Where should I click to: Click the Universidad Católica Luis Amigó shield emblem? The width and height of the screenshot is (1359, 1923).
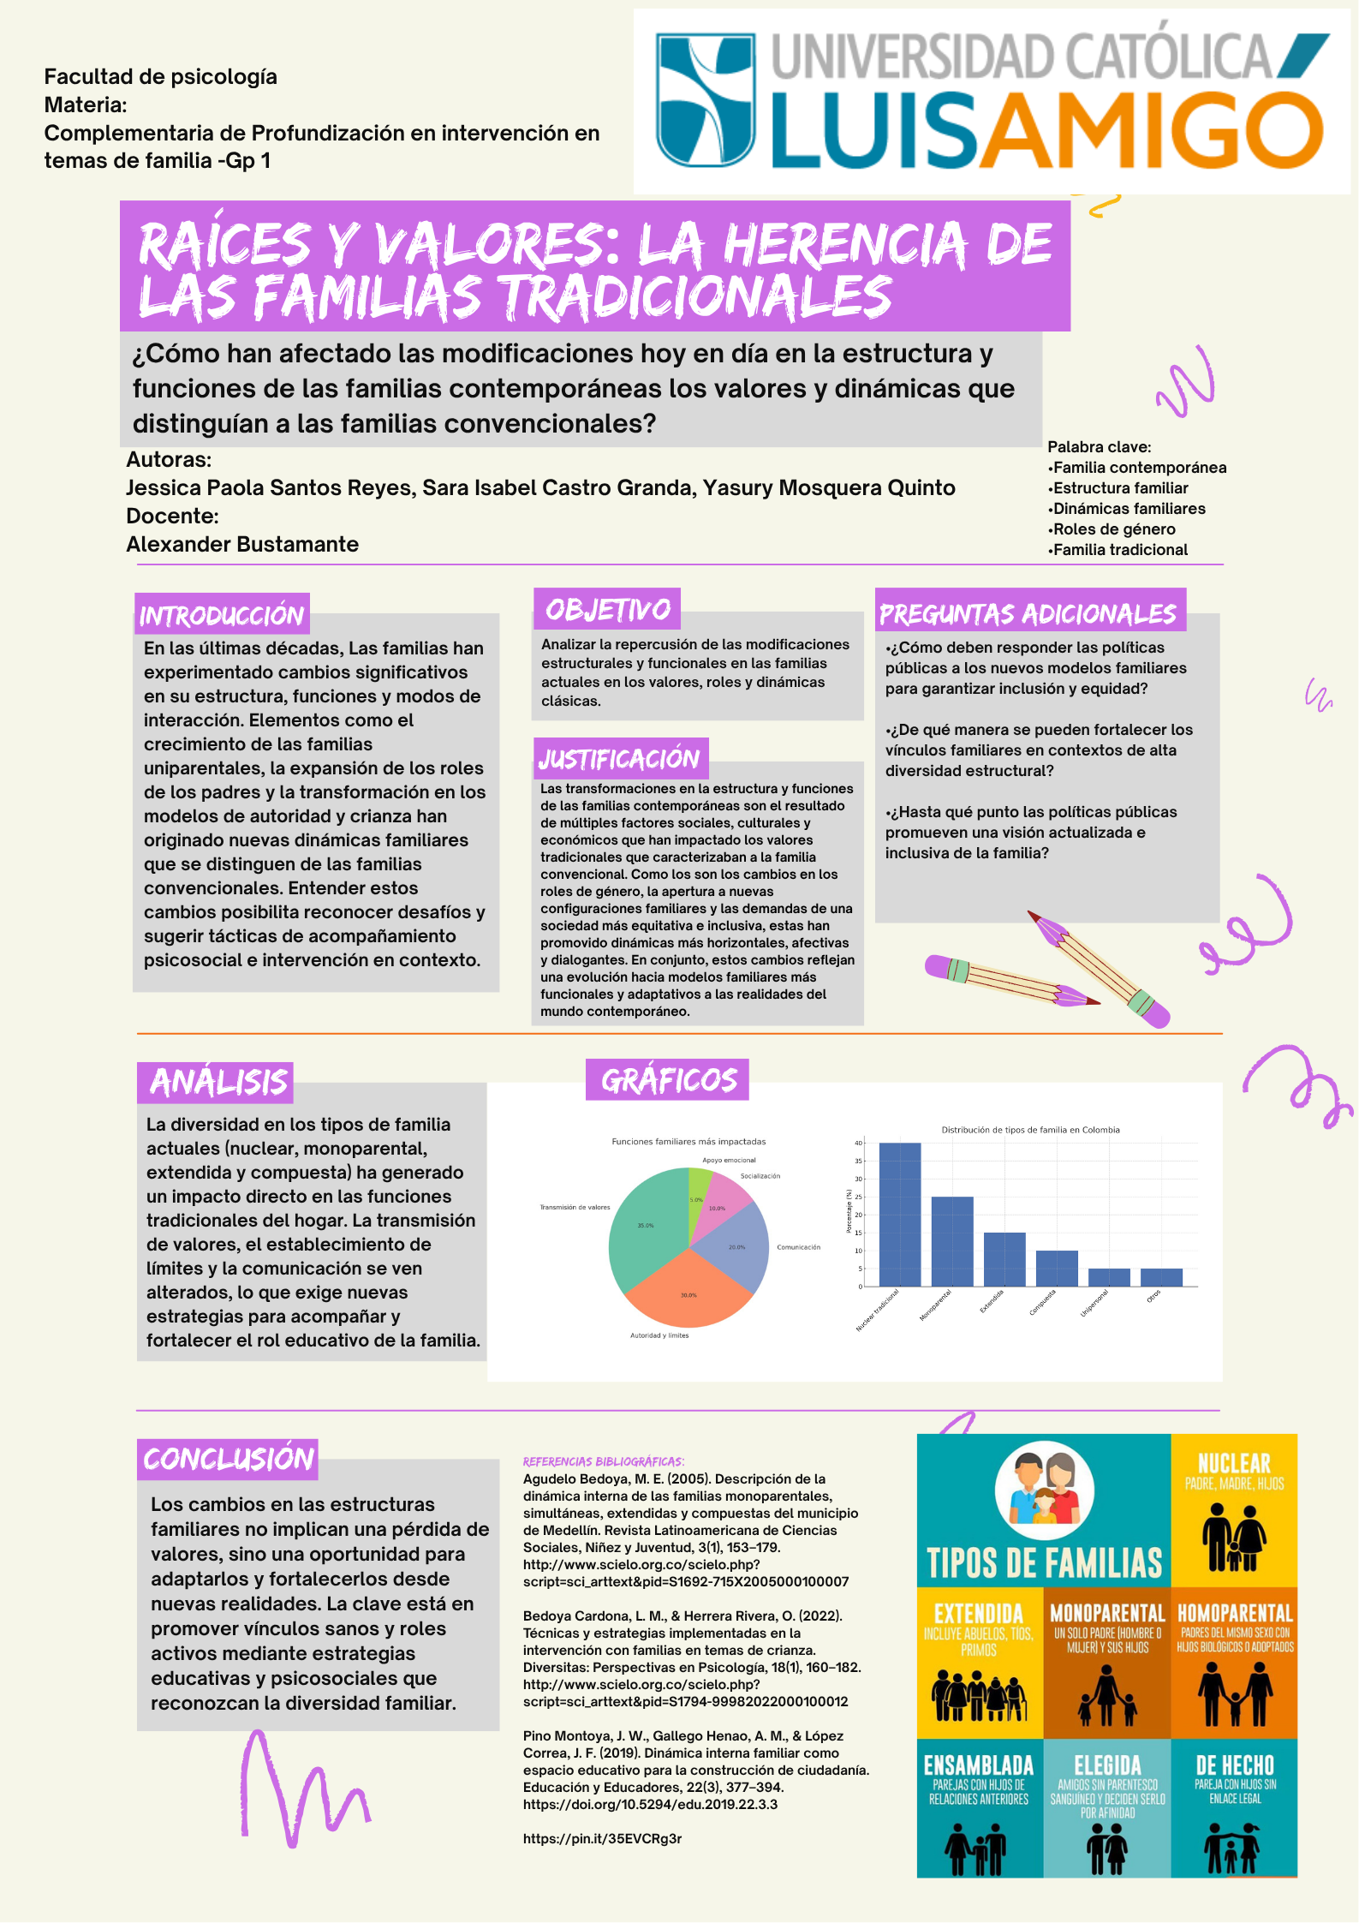point(706,99)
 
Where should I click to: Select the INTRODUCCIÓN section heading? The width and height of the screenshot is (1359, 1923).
point(222,614)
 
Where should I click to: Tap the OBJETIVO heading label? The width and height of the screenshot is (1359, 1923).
point(607,609)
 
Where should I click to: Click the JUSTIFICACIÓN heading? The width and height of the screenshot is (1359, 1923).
point(620,758)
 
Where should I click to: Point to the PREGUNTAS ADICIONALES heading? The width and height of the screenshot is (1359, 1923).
point(1028,612)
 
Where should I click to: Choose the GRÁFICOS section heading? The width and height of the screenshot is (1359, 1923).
point(668,1079)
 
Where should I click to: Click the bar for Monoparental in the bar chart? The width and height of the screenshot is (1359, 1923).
point(951,1241)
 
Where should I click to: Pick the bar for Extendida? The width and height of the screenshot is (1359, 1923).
point(1004,1259)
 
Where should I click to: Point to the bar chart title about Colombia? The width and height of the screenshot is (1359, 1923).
point(1030,1130)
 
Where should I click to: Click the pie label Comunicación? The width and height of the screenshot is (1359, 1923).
point(798,1247)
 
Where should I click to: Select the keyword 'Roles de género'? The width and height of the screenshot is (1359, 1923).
point(1113,529)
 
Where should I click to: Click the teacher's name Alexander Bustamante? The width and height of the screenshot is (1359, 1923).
point(242,544)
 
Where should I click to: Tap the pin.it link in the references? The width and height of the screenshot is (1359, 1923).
point(603,1838)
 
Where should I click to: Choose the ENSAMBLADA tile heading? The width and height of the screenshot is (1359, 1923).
point(979,1765)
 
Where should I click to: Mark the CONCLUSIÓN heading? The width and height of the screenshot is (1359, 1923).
point(228,1459)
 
